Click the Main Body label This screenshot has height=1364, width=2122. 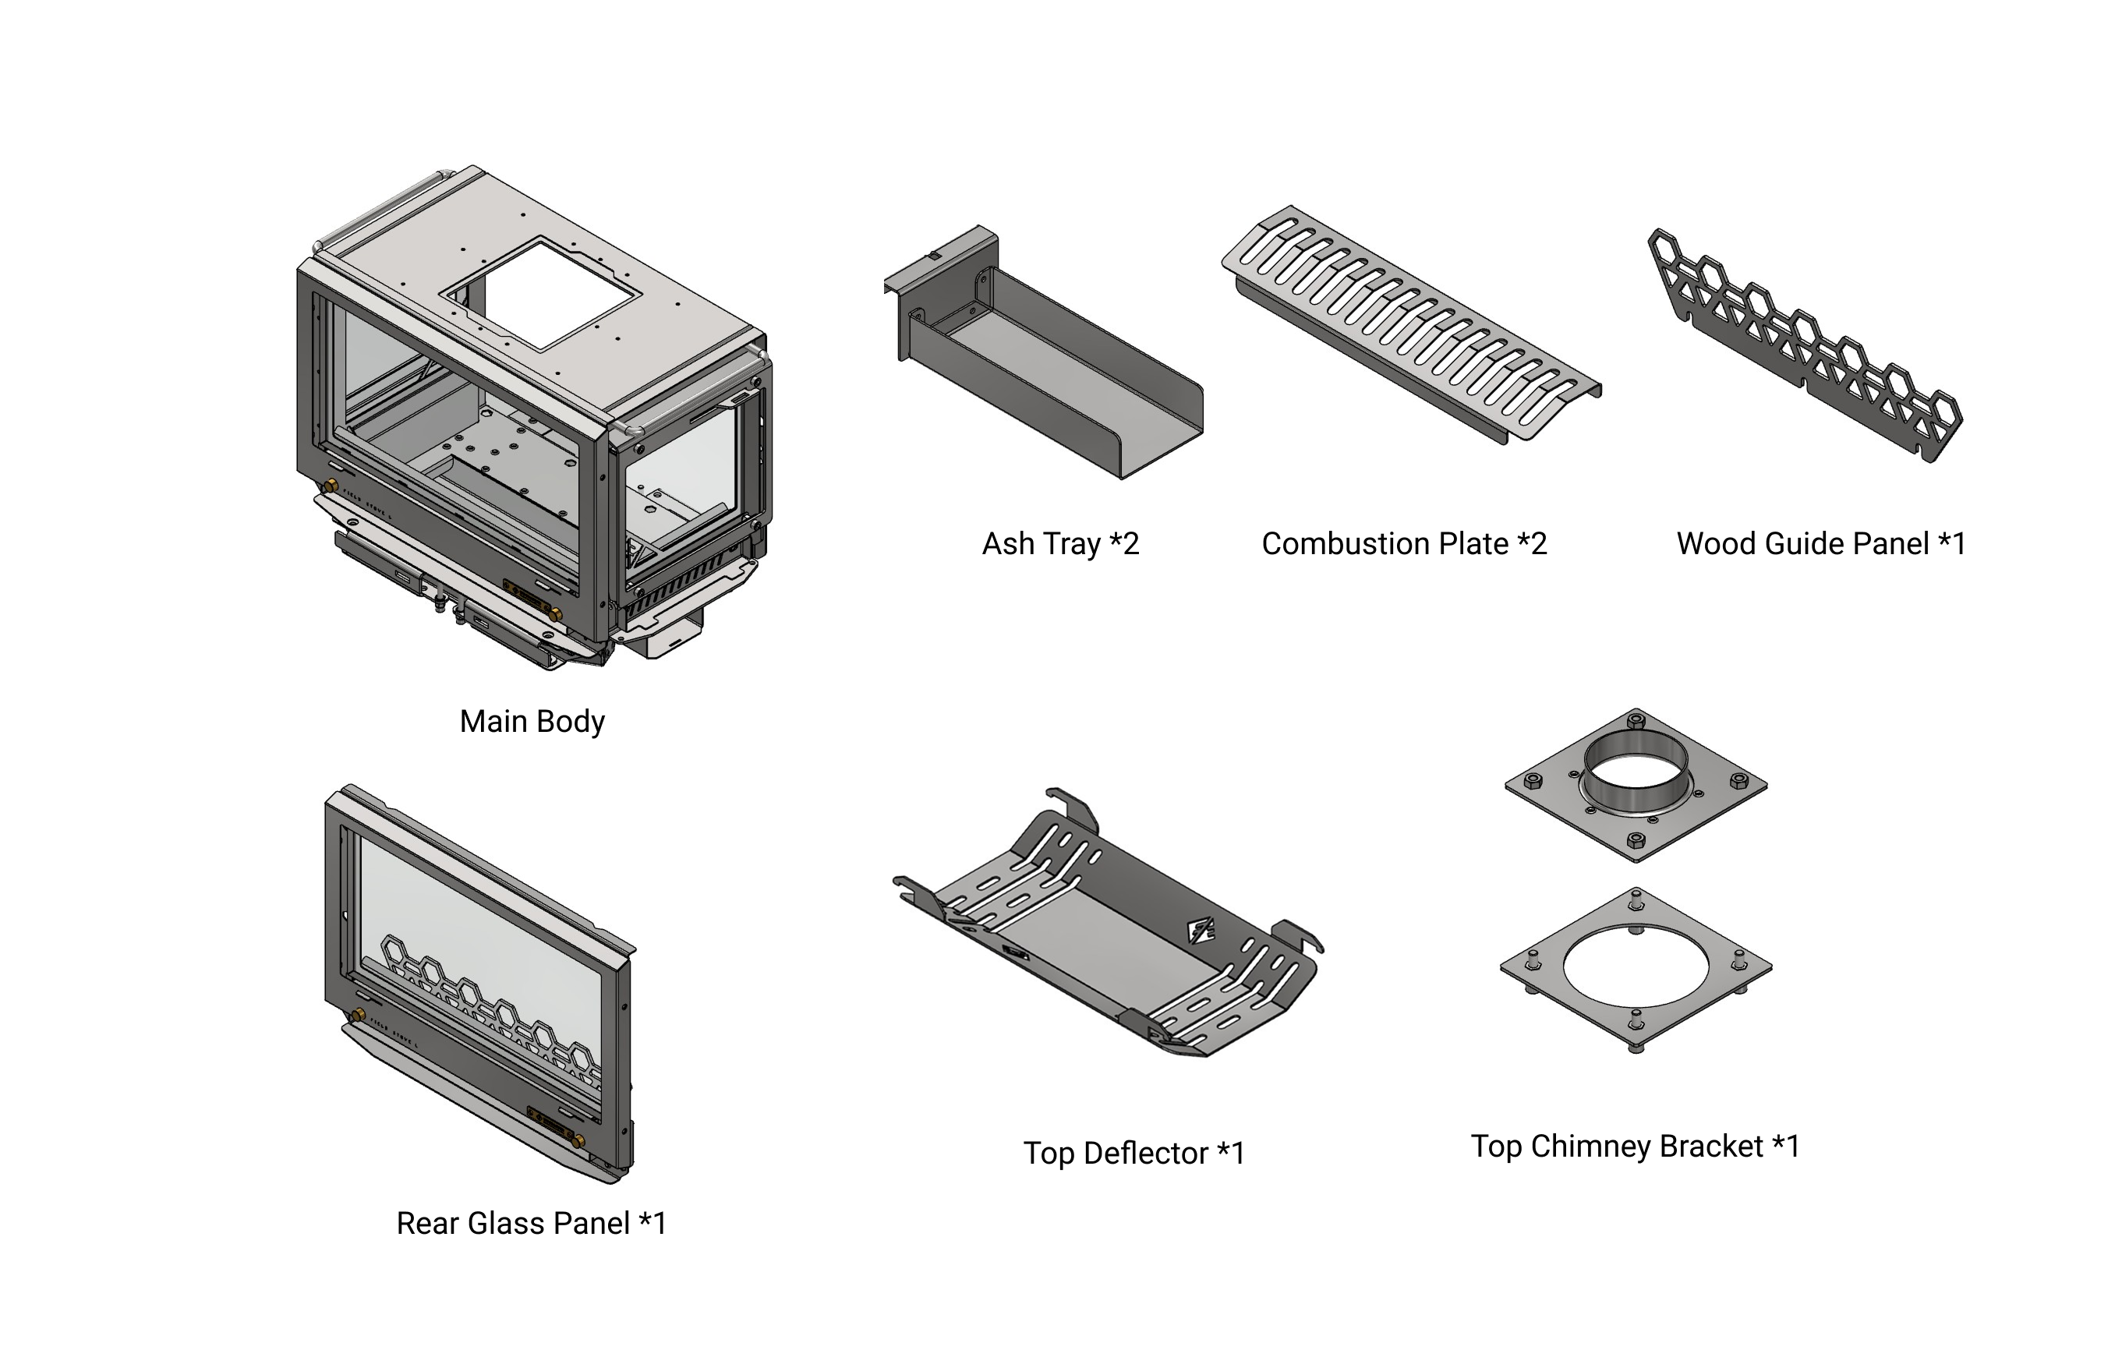[532, 721]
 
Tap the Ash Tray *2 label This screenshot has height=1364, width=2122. [1060, 543]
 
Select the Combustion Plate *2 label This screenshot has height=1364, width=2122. [1404, 543]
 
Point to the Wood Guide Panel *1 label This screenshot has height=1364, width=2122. [1821, 543]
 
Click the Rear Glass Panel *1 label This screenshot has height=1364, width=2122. [530, 1223]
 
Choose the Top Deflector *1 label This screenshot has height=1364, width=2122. [1134, 1154]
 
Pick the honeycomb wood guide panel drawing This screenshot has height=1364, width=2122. [1807, 345]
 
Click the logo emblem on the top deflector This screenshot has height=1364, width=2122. [1200, 931]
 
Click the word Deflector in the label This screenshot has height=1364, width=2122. [1146, 1154]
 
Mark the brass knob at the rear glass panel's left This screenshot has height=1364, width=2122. [359, 1014]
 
